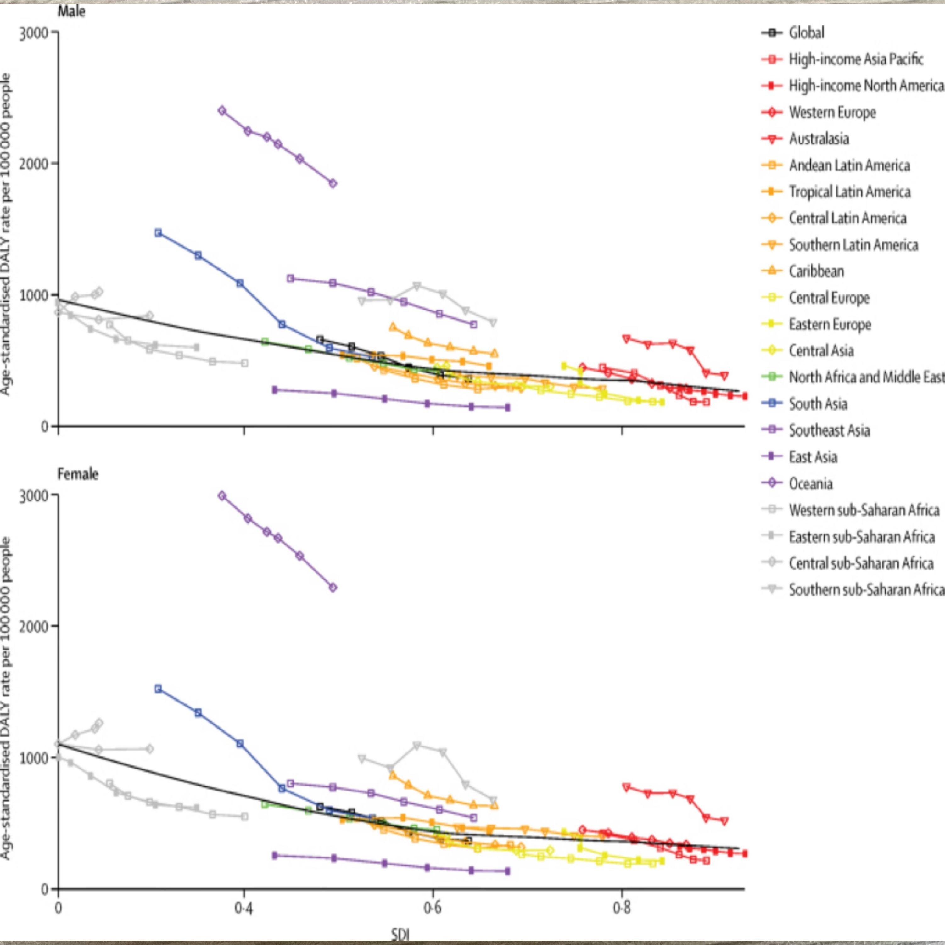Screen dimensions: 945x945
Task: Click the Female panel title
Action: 78,474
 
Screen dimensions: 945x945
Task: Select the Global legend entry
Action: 806,33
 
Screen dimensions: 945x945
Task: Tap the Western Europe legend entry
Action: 831,113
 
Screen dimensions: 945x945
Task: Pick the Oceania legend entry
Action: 810,484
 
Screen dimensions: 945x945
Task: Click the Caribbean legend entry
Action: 816,271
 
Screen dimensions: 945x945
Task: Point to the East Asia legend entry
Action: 813,457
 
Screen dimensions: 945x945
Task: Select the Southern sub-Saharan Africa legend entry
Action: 866,590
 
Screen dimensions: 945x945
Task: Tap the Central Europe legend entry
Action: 829,298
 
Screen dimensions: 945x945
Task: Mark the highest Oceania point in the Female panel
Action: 222,495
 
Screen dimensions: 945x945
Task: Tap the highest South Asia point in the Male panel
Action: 158,233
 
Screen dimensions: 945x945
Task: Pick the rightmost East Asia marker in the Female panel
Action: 507,871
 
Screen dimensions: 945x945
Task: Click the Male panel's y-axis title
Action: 6,235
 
